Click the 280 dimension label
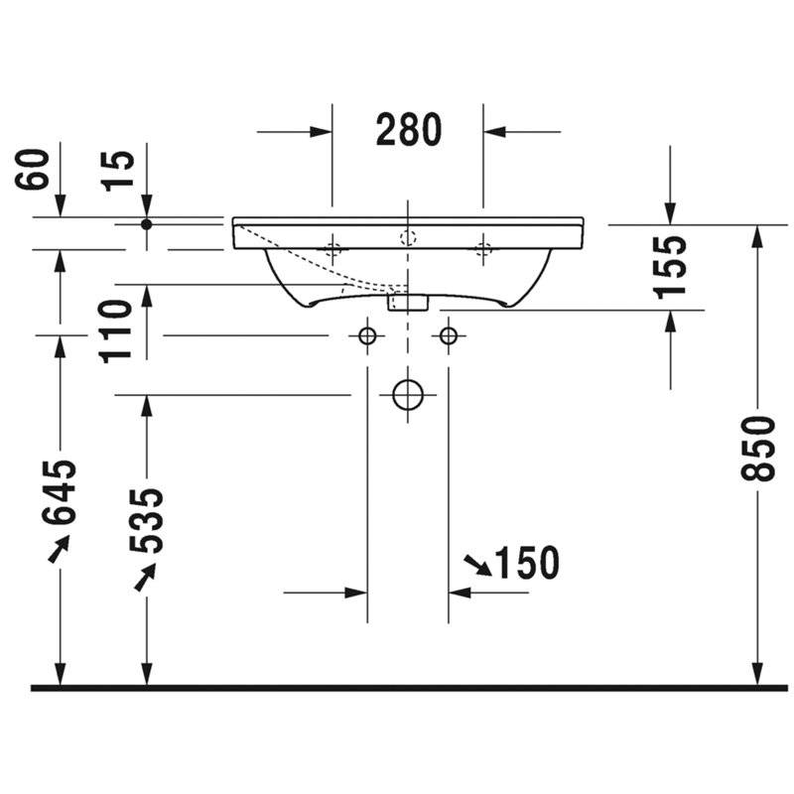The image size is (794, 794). [x=409, y=130]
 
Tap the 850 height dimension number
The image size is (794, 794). [x=758, y=449]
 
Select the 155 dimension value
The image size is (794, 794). [x=670, y=267]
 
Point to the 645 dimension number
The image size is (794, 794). [x=60, y=492]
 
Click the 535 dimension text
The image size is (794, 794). [x=146, y=520]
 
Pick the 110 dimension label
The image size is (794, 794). [x=116, y=331]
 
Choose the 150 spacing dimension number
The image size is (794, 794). [x=527, y=563]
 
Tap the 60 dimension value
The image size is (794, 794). [x=32, y=169]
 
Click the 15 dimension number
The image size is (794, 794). [x=118, y=171]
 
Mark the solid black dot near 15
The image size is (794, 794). [x=146, y=224]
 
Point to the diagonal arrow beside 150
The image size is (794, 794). [x=478, y=566]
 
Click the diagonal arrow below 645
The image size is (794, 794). [x=59, y=549]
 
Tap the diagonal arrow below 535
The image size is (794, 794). [x=145, y=578]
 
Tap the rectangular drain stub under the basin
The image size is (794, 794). [x=408, y=302]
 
